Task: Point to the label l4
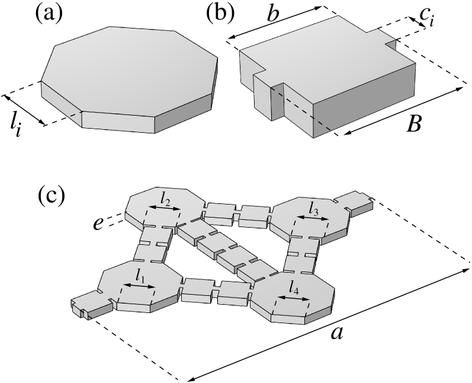pyautogui.click(x=294, y=287)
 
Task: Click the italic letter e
pyautogui.click(x=98, y=223)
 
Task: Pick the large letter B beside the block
pyautogui.click(x=412, y=123)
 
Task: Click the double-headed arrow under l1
pyautogui.click(x=139, y=286)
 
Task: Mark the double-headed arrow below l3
pyautogui.click(x=312, y=219)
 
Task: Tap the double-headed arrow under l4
pyautogui.click(x=293, y=298)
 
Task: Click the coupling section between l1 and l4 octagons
pyautogui.click(x=216, y=290)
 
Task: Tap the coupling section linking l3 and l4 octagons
pyautogui.click(x=301, y=256)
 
